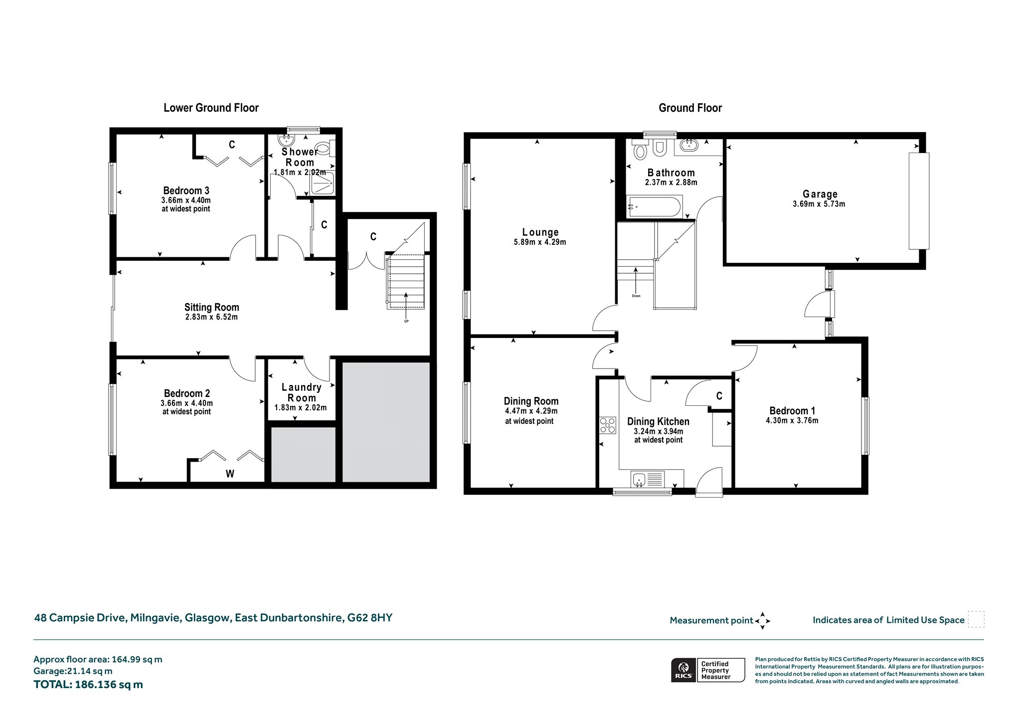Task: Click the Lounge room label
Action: coord(540,232)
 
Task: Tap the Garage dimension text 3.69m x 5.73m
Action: coord(819,204)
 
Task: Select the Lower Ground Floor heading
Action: coord(211,108)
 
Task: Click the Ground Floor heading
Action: coord(690,108)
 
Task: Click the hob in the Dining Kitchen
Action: coord(608,425)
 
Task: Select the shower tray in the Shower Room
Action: coord(324,183)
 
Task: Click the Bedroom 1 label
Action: coord(792,411)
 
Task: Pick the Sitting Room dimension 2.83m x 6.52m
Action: coord(211,317)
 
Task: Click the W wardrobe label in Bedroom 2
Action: coord(230,474)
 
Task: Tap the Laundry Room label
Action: coord(301,392)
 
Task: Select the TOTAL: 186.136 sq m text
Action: coord(88,685)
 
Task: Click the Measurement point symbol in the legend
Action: coord(763,621)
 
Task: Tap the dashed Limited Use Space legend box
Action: coord(976,619)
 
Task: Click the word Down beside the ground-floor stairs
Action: coord(636,296)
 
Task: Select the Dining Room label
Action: coord(531,401)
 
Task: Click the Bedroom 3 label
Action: coord(186,190)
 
